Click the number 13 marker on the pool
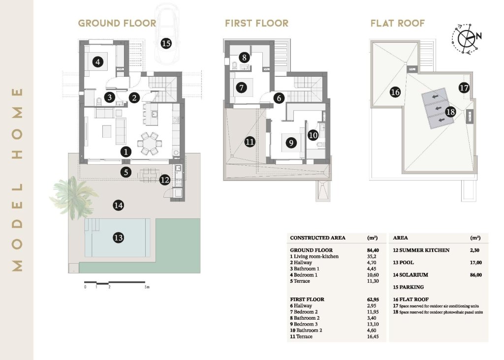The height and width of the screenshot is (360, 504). pyautogui.click(x=118, y=238)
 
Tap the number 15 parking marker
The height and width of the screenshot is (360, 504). pyautogui.click(x=166, y=44)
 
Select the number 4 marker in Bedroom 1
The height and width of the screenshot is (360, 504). pyautogui.click(x=98, y=62)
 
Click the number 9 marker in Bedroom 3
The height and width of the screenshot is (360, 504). pyautogui.click(x=291, y=143)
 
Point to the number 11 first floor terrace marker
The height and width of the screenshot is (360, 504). pyautogui.click(x=250, y=142)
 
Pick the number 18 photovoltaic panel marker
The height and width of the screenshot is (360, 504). pyautogui.click(x=450, y=112)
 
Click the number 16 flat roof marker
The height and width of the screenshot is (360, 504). pyautogui.click(x=395, y=91)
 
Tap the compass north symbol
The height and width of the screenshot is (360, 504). pyautogui.click(x=466, y=37)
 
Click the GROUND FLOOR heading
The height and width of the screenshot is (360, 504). pyautogui.click(x=117, y=23)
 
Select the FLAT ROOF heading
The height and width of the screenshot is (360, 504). pyautogui.click(x=397, y=23)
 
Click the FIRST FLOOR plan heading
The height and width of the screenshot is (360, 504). pyautogui.click(x=256, y=23)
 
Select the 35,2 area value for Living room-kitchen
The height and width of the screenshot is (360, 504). pyautogui.click(x=372, y=256)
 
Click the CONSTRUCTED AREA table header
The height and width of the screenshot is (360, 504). pyautogui.click(x=317, y=238)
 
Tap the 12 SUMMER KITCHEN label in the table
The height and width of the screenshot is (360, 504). pyautogui.click(x=421, y=250)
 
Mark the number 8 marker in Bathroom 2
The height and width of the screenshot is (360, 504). pyautogui.click(x=244, y=57)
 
